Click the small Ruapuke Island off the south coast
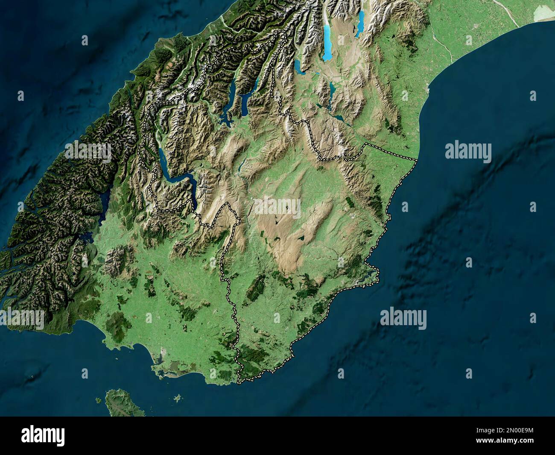[x=177, y=398]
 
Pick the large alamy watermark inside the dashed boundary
[x=277, y=207]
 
